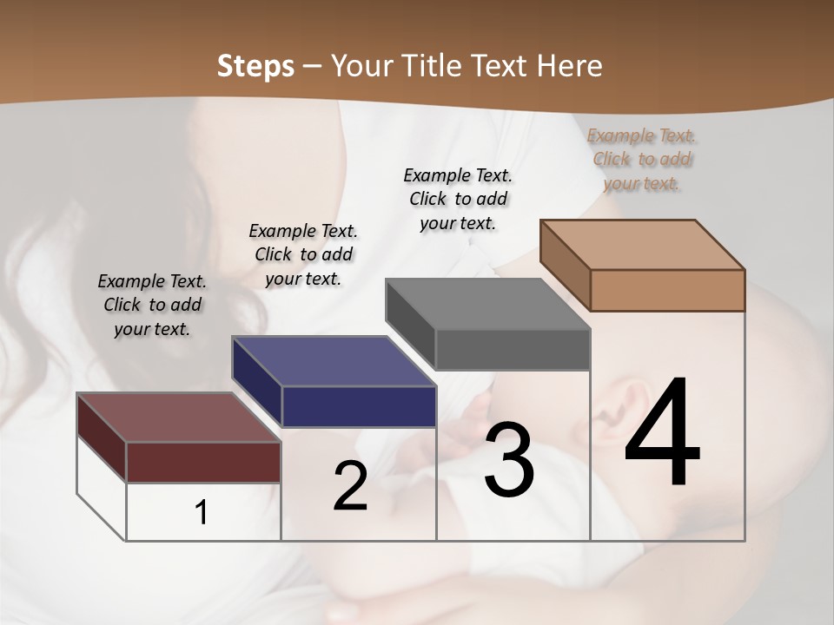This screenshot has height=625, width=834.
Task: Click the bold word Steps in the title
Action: [255, 66]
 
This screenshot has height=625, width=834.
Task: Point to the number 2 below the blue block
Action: [350, 485]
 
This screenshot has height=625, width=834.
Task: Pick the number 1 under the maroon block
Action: [202, 513]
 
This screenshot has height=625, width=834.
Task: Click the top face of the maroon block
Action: [178, 418]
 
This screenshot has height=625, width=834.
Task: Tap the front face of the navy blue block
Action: [359, 406]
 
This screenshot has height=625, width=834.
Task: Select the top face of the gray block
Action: [486, 304]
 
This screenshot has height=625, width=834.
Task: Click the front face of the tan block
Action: [667, 290]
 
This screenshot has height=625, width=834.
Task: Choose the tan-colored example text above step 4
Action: [642, 159]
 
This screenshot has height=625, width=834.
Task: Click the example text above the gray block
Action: [458, 199]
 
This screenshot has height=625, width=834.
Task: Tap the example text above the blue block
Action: [303, 254]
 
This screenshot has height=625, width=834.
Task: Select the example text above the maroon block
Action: [152, 305]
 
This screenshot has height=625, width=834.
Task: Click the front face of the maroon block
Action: [203, 462]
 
